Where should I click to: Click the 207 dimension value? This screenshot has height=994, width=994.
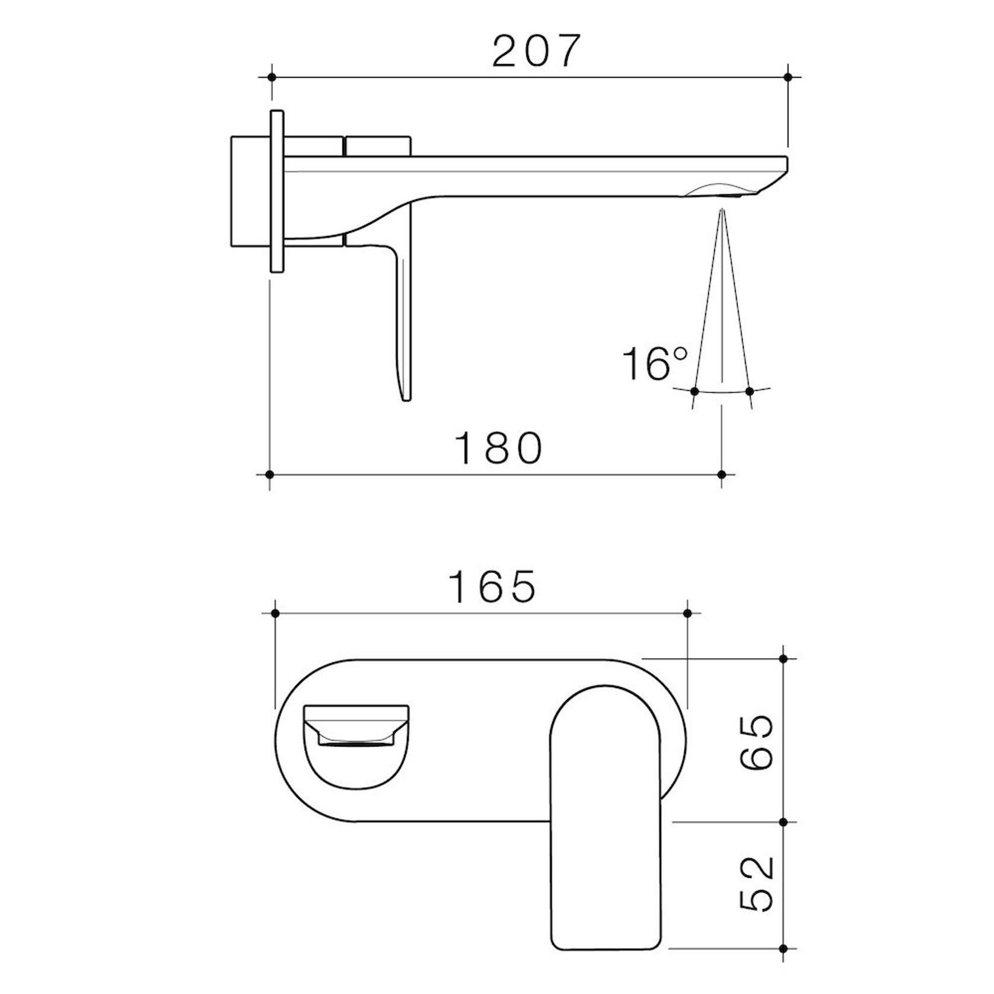pyautogui.click(x=534, y=52)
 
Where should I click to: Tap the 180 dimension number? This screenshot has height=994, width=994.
pyautogui.click(x=498, y=449)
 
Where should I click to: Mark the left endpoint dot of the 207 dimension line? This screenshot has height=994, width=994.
pyautogui.click(x=272, y=77)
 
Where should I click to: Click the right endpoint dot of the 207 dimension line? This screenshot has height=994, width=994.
pyautogui.click(x=788, y=77)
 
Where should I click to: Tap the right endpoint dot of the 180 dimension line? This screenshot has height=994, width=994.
pyautogui.click(x=722, y=474)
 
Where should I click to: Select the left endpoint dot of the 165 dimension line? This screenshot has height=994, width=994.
pyautogui.click(x=275, y=613)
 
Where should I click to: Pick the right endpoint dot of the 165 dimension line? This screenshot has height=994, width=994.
pyautogui.click(x=688, y=613)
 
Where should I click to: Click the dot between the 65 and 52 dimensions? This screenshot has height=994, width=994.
pyautogui.click(x=783, y=822)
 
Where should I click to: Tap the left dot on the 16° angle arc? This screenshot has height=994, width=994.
pyautogui.click(x=694, y=391)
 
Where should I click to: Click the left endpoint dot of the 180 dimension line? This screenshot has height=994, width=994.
pyautogui.click(x=270, y=474)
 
